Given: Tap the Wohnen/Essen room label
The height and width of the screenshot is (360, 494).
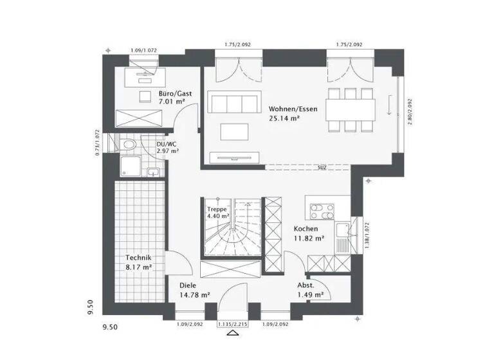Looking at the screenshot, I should click(x=293, y=109).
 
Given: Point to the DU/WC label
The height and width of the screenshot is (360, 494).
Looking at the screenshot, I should click(x=167, y=145).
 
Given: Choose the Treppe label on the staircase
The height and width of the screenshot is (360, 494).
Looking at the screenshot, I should click(x=216, y=210).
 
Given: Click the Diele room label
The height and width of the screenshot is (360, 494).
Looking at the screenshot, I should click(x=188, y=285).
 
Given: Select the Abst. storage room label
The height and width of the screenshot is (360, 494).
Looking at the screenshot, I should click(x=306, y=285).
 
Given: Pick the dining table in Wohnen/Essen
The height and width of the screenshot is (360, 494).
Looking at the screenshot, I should click(x=350, y=107).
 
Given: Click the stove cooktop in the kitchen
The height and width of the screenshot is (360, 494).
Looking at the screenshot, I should click(x=319, y=212).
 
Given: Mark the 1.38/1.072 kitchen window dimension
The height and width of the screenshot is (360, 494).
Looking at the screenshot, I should click(x=367, y=234).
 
